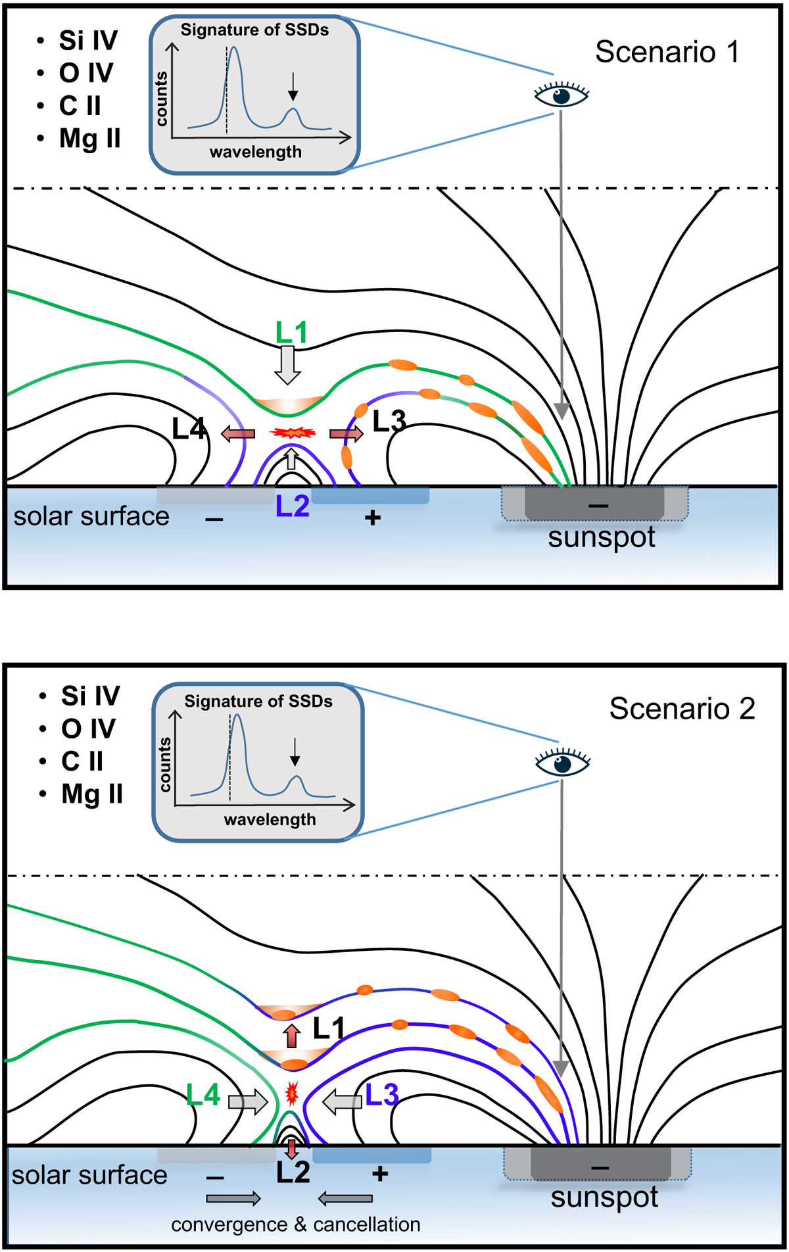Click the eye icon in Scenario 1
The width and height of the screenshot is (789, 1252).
(561, 95)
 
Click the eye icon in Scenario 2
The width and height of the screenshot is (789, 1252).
(563, 763)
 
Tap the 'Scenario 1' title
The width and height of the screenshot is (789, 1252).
(667, 52)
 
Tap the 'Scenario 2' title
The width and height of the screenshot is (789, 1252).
(682, 709)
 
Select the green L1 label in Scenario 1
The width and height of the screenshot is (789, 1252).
(291, 333)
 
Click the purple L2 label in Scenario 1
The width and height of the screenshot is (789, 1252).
(292, 506)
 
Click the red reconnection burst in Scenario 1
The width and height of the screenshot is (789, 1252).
(293, 433)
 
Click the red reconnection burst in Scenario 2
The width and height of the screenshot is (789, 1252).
(292, 1094)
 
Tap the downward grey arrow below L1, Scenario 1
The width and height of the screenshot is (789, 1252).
(287, 365)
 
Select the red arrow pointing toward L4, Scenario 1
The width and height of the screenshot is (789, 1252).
(238, 433)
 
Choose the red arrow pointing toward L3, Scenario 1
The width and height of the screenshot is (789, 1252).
(347, 433)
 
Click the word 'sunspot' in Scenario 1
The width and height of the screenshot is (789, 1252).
(601, 537)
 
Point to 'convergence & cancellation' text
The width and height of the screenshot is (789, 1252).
(296, 1225)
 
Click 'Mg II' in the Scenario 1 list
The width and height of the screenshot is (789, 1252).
(89, 139)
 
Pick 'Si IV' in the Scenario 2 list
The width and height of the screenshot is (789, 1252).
(91, 696)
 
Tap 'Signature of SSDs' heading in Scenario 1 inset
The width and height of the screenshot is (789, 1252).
(254, 30)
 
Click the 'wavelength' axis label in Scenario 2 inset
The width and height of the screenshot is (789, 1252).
(270, 820)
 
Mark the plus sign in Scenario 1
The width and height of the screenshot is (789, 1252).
(373, 518)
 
